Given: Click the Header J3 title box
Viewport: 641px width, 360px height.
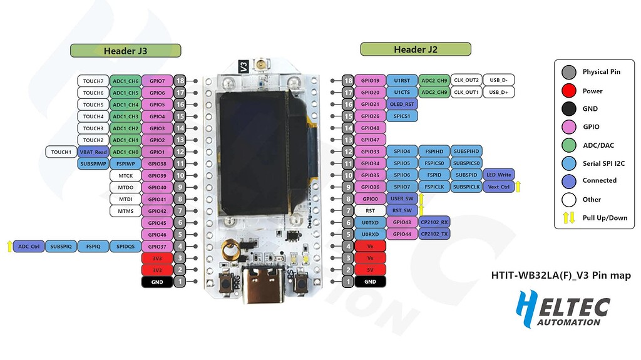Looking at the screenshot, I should click(125, 51).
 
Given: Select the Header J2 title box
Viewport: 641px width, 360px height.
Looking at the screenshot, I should click(415, 49).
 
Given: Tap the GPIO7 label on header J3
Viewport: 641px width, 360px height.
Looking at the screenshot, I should click(156, 81).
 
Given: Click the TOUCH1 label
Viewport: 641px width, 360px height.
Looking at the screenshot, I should click(61, 152).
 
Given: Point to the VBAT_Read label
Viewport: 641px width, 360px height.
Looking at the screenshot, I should click(93, 152).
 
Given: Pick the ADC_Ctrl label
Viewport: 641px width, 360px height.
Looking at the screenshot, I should click(28, 247).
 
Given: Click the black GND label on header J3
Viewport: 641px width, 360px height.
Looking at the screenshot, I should click(156, 282).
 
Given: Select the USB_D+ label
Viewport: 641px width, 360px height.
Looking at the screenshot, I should click(498, 92).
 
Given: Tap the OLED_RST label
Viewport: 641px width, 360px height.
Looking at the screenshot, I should click(402, 104).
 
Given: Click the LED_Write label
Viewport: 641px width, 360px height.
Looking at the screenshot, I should click(499, 175).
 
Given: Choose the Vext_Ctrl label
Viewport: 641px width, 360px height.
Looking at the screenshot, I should click(499, 187).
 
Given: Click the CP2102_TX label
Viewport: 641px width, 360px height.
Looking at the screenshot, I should click(434, 234).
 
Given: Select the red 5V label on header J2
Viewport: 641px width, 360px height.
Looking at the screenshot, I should click(370, 270).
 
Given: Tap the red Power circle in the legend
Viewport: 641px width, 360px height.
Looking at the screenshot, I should click(569, 91).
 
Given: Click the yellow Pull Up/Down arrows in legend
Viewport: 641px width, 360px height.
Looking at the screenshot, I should click(569, 218).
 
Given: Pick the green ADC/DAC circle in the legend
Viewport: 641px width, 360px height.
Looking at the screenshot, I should click(569, 145).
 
